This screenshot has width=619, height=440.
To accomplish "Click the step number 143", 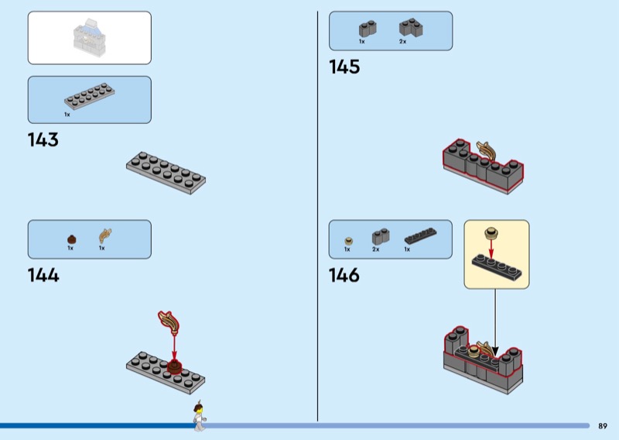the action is coord(43,140).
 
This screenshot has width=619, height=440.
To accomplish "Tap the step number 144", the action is coord(43,275).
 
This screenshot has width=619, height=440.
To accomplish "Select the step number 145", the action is coord(344,67).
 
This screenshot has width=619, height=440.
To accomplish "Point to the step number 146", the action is coord(344,275).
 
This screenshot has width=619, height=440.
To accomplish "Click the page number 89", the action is coord(603,425).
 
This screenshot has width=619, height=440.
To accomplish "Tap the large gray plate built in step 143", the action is coord(166,171).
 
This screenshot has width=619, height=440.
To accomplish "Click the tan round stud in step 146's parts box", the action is coord(347,240).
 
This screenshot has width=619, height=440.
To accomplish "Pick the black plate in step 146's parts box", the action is coord(419,237).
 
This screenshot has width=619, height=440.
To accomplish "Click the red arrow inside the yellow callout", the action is coord(491,248).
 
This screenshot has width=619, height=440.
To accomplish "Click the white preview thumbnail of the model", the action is coord(90,37).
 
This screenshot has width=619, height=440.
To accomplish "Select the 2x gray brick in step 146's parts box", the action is coord(380,237).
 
